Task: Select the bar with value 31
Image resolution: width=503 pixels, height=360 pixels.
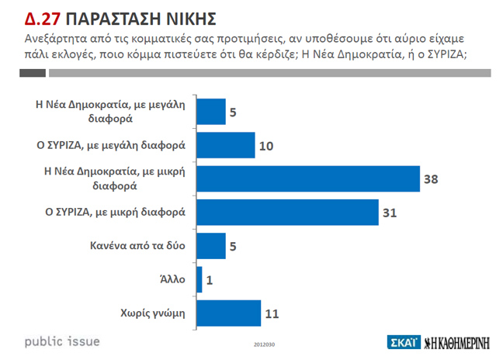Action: [288, 213]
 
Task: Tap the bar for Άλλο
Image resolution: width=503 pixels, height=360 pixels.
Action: [200, 279]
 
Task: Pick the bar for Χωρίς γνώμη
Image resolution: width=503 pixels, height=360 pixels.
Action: [229, 313]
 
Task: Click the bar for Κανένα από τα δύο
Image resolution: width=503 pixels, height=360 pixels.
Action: [212, 246]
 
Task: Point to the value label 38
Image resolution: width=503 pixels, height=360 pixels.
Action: [432, 180]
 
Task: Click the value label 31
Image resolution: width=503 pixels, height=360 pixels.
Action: [391, 213]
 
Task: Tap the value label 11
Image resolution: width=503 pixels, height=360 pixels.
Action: [272, 313]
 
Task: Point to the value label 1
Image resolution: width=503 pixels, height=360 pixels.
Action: [210, 280]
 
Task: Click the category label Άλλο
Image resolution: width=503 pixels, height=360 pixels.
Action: [173, 280]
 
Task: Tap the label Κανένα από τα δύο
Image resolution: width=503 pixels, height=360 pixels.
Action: [137, 247]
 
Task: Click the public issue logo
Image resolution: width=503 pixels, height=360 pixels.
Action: [62, 341]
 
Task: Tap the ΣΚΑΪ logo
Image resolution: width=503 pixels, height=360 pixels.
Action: [402, 341]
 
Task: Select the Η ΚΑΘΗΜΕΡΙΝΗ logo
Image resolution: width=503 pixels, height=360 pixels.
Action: [458, 341]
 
